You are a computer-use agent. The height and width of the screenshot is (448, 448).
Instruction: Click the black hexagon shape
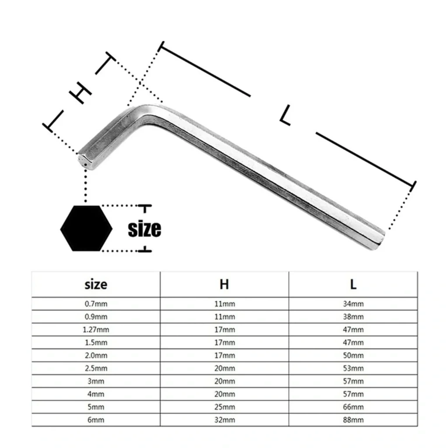point(86,228)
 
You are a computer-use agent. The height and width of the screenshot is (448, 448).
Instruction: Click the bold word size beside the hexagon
point(144,228)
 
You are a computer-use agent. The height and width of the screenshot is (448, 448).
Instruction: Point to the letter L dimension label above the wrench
point(286,115)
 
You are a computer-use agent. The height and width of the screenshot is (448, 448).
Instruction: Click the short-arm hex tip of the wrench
point(84,162)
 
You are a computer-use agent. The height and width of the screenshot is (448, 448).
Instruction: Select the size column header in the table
point(96,284)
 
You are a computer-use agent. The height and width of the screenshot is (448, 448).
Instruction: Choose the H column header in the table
point(224,284)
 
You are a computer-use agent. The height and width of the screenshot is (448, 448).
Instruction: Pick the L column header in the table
point(353,284)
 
